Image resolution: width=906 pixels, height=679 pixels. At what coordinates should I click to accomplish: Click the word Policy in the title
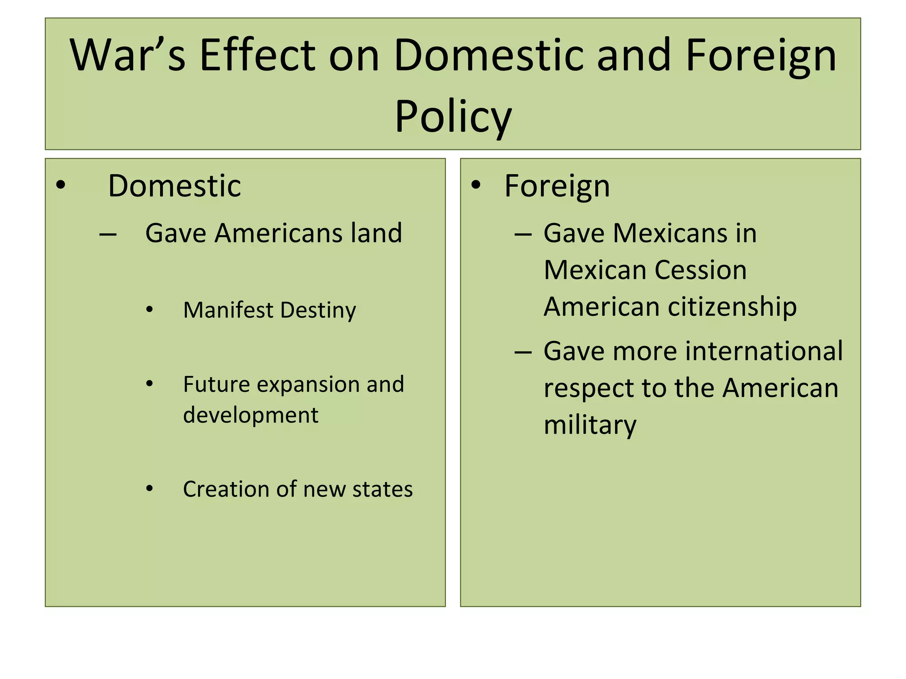(x=453, y=117)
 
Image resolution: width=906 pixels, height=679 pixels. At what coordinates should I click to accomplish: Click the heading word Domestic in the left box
(x=174, y=186)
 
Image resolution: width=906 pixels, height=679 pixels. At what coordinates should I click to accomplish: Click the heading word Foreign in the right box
(x=557, y=186)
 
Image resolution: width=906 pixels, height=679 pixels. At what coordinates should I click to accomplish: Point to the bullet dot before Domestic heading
(x=61, y=185)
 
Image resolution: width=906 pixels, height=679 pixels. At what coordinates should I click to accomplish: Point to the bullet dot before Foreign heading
(x=476, y=185)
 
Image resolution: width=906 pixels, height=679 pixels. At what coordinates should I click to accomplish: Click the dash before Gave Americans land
(x=108, y=234)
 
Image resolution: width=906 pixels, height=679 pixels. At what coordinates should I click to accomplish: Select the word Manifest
(x=228, y=310)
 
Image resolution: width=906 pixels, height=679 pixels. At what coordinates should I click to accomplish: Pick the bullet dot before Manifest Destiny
(x=150, y=310)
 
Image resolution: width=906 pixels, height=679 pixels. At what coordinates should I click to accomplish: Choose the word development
(x=251, y=415)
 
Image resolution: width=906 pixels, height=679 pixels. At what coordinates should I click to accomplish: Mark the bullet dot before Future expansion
(x=150, y=384)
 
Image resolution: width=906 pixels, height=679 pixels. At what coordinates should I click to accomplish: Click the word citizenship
(x=732, y=307)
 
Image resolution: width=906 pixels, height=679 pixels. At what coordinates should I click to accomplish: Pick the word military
(x=590, y=425)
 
